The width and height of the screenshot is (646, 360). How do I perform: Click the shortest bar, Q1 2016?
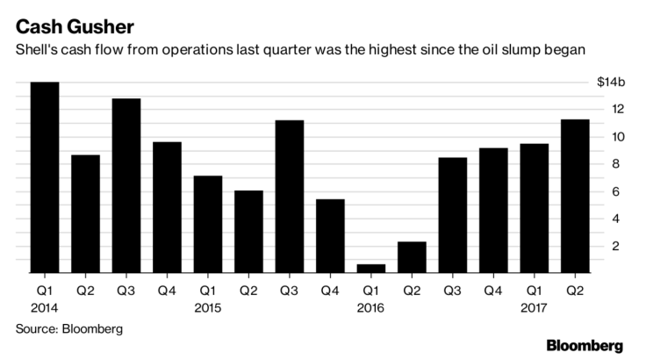click(x=370, y=269)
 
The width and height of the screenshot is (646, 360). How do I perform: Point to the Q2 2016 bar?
click(x=411, y=257)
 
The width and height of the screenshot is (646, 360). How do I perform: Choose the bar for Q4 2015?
click(x=329, y=236)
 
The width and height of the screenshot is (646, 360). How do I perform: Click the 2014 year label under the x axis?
click(x=44, y=307)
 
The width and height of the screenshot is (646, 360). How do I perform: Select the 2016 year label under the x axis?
click(x=370, y=307)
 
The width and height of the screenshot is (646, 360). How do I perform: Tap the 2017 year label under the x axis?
click(x=534, y=307)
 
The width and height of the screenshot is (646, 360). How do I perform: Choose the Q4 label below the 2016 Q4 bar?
click(x=492, y=288)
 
